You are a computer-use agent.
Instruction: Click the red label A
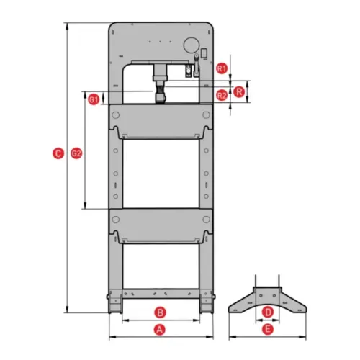pos(160,330)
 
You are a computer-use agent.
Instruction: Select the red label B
pos(160,312)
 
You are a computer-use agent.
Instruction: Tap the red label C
pos(58,153)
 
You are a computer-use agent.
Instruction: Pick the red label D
pos(268,312)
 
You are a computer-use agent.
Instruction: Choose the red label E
pos(268,329)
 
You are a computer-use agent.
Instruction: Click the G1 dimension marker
pos(94,99)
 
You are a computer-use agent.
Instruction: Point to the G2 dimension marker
pos(76,153)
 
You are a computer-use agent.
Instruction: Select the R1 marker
pos(222,68)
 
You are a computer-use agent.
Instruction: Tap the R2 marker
pos(222,96)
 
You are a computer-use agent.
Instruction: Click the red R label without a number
pos(239,92)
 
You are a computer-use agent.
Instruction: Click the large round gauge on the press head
pos(192,45)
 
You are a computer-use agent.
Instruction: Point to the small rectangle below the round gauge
pos(204,53)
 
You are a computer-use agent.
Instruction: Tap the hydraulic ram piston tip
pos(161,98)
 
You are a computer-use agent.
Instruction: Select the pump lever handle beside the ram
pos(197,65)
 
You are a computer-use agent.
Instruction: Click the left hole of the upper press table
pos(116,115)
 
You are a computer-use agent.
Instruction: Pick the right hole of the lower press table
pos(206,220)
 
